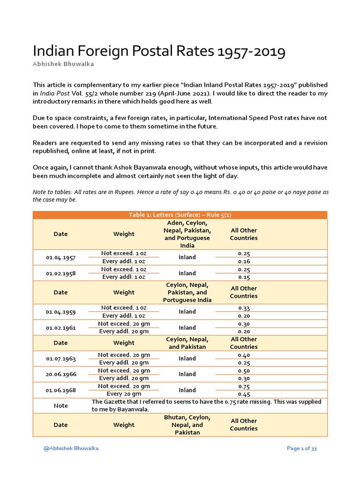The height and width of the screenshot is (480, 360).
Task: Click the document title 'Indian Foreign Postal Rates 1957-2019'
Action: pyautogui.click(x=158, y=52)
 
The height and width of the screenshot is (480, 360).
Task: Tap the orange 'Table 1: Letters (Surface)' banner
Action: pyautogui.click(x=180, y=215)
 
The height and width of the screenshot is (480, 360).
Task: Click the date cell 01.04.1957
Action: pyautogui.click(x=60, y=257)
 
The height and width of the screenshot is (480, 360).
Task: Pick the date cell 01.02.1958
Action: pyautogui.click(x=60, y=273)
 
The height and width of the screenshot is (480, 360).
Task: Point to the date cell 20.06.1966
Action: pyautogui.click(x=60, y=374)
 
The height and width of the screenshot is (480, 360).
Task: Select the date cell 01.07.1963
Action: pyautogui.click(x=60, y=359)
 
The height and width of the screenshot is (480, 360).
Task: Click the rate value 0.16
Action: pyautogui.click(x=244, y=262)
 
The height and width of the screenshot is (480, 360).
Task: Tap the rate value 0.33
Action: pyautogui.click(x=244, y=307)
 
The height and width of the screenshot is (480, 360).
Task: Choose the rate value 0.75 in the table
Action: pyautogui.click(x=244, y=386)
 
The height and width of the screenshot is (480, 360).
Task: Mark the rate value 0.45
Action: pyautogui.click(x=244, y=394)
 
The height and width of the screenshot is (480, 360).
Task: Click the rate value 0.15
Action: pyautogui.click(x=244, y=277)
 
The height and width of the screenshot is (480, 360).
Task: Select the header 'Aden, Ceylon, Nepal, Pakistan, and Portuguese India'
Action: pyautogui.click(x=187, y=234)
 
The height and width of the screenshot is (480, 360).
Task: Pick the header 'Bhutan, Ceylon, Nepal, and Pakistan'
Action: pyautogui.click(x=187, y=425)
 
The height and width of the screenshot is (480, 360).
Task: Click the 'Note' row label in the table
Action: pyautogui.click(x=60, y=405)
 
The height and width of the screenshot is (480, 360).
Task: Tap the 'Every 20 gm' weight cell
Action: pyautogui.click(x=124, y=394)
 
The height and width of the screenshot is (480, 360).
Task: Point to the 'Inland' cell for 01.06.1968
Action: pyautogui.click(x=187, y=390)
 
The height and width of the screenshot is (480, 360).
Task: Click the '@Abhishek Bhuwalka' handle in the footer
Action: pyautogui.click(x=71, y=449)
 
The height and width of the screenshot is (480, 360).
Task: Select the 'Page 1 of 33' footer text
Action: pyautogui.click(x=302, y=449)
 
